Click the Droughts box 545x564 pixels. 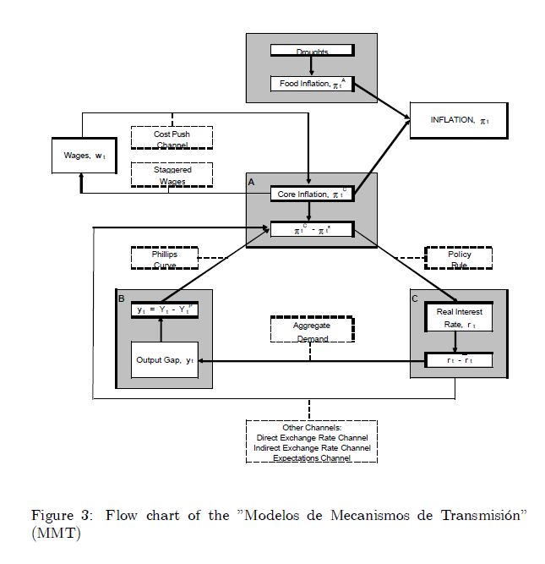pos(312,51)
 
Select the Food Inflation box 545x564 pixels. pos(312,84)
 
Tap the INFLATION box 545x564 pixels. pos(460,121)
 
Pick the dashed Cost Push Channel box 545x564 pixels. pos(172,138)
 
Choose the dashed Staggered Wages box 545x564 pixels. pos(172,174)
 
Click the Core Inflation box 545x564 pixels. pos(311,194)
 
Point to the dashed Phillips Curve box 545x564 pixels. pos(165,258)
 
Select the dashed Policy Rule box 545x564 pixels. pos(459,258)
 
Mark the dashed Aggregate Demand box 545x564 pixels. pos(311,331)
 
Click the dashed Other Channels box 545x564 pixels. pos(312,441)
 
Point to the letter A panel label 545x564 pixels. pos(251,182)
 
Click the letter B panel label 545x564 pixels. pos(122,298)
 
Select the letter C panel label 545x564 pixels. pos(415,298)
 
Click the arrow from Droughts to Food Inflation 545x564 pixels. pos(312,66)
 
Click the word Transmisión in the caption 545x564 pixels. pos(478,516)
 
